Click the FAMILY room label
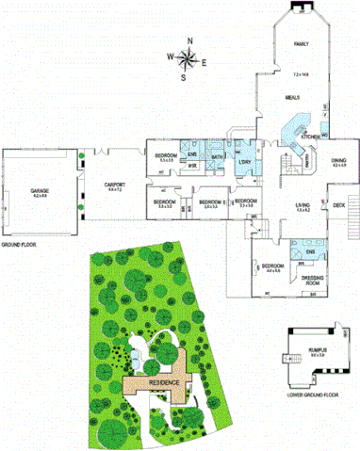point(301,44)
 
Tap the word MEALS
point(293,98)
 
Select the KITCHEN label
point(309,137)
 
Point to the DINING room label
point(339,161)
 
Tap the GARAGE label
point(40,191)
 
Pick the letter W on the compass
point(172,56)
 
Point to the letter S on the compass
point(185,78)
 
